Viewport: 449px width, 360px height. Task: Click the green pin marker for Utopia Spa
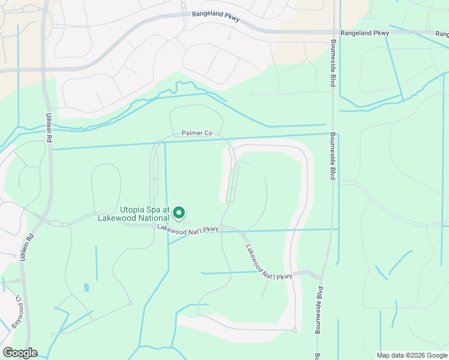(x=178, y=212)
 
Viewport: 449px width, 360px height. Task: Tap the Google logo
(x=19, y=353)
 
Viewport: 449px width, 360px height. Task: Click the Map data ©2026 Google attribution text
(x=412, y=355)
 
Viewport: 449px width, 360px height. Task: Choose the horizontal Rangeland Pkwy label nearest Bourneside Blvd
(x=364, y=33)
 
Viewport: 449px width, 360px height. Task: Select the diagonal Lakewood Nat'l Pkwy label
(x=268, y=262)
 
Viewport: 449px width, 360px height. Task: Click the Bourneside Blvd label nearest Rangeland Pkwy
(x=332, y=64)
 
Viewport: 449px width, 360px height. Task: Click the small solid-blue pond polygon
(x=87, y=287)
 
